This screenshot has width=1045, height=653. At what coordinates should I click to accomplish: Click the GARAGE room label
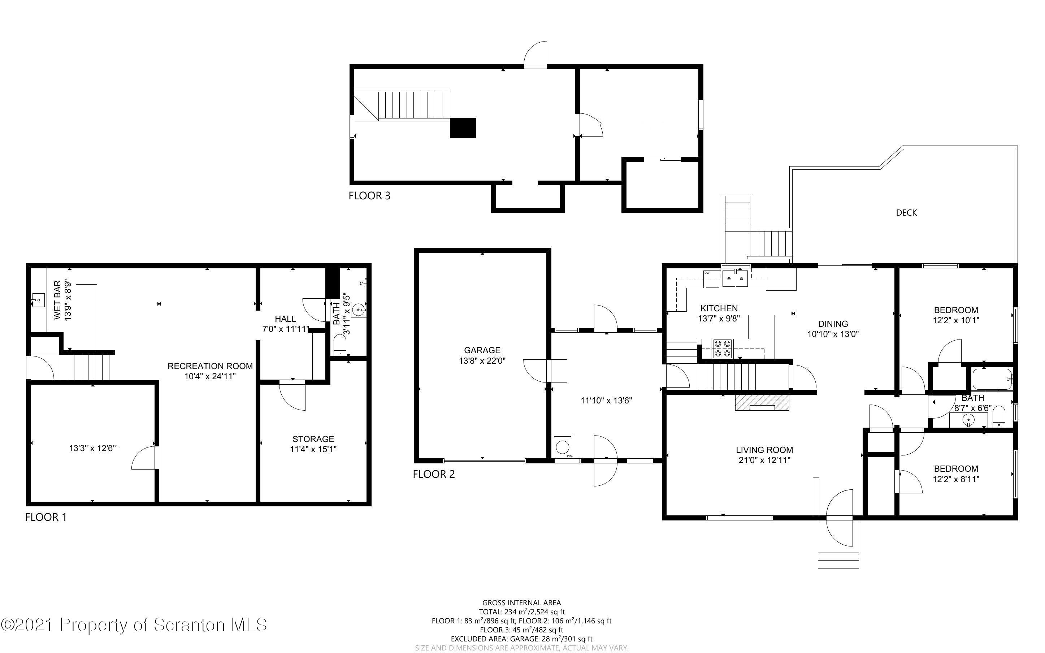[482, 350]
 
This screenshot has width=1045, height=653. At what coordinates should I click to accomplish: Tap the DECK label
[906, 212]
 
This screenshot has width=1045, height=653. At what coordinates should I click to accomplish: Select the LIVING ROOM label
[764, 450]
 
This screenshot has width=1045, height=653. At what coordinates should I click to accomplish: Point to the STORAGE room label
[313, 439]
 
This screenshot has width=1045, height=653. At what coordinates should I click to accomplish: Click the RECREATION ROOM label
[210, 366]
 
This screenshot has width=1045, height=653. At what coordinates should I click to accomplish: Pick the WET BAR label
[57, 300]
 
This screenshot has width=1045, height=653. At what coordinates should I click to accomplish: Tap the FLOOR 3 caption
[369, 196]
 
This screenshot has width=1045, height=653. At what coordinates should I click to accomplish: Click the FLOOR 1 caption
[46, 517]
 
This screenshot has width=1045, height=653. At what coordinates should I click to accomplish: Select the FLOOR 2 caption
[434, 474]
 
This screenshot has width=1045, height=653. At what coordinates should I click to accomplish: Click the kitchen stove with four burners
[722, 349]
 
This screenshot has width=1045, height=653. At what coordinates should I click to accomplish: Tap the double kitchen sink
[735, 278]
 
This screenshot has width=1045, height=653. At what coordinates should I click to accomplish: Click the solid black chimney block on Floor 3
[463, 128]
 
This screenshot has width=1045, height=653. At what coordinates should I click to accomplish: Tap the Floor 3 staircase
[402, 105]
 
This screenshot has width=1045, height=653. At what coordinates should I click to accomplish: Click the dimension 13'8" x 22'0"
[482, 360]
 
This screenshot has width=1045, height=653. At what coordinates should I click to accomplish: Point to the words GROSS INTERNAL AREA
[521, 602]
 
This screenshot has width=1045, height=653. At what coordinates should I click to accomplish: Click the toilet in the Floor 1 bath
[340, 345]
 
